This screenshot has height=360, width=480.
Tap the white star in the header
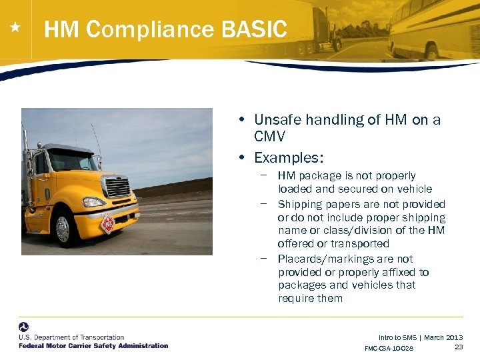[x=15, y=28]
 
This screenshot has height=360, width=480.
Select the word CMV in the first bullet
[x=269, y=137]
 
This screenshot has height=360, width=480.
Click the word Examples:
[x=289, y=158]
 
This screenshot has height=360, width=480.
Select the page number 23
[x=459, y=347]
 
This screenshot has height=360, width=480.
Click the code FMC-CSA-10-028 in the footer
[x=389, y=349]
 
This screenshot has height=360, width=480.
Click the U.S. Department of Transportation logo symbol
[x=24, y=327]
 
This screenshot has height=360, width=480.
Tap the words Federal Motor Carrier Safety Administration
[x=93, y=345]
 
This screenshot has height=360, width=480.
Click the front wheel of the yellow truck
[x=63, y=229]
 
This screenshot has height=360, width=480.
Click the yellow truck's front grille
[x=117, y=187]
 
